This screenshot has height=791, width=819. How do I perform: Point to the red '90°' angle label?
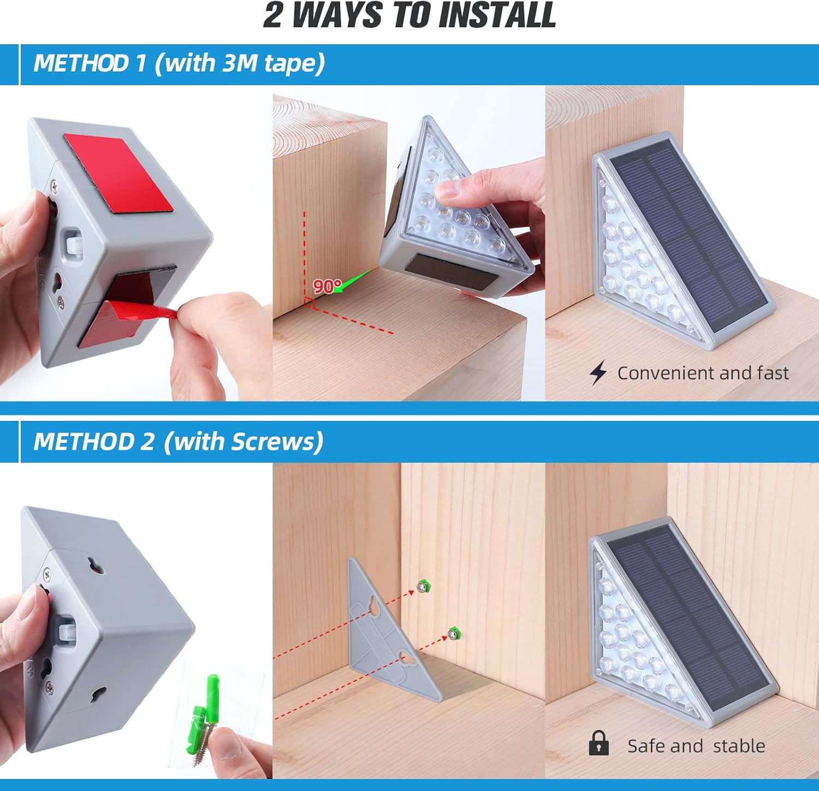(x=327, y=286)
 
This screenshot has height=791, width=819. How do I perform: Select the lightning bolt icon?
(x=598, y=373)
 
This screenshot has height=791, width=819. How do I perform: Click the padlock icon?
(x=598, y=744)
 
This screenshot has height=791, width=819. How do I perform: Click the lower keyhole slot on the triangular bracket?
(x=407, y=657)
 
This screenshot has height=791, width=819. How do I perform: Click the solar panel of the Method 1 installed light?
(x=688, y=235)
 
